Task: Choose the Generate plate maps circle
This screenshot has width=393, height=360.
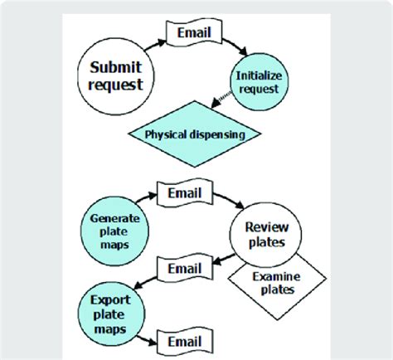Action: (x=113, y=226)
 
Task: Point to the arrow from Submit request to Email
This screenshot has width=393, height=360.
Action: (x=153, y=40)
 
